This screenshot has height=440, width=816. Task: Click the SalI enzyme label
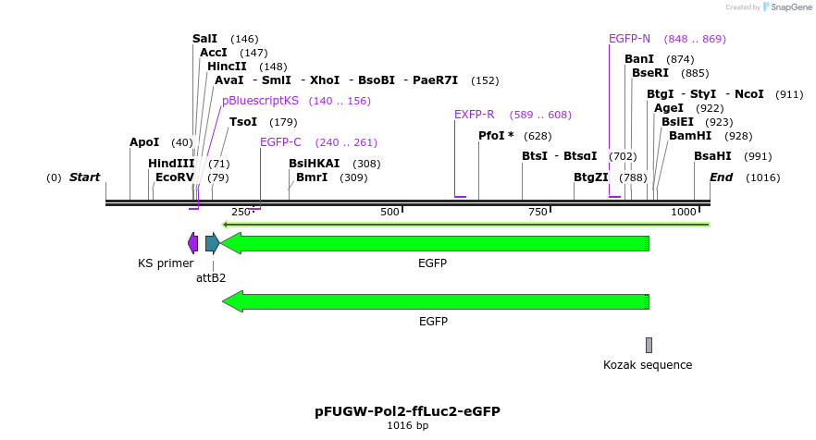[204, 39]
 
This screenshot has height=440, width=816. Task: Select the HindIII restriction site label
[171, 164]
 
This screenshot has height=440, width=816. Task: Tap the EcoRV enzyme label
[175, 177]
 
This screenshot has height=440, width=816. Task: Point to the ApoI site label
[144, 142]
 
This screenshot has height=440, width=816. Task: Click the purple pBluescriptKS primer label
[261, 101]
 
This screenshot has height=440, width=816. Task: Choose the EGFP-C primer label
[280, 142]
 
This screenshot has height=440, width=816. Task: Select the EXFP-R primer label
[474, 115]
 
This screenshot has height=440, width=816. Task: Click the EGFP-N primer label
[629, 39]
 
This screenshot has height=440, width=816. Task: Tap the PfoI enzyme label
[496, 136]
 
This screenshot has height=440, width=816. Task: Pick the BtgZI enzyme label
[591, 177]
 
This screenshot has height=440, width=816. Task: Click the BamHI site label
[690, 136]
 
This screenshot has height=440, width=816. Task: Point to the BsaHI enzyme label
[712, 156]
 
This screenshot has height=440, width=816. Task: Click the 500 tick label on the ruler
[389, 212]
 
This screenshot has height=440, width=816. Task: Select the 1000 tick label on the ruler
[684, 212]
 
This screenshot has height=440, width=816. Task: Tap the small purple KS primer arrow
[192, 243]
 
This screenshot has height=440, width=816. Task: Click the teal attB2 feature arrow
[212, 243]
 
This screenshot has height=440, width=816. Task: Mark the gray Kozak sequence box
[649, 345]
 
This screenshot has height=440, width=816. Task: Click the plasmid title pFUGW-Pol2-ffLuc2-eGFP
[407, 411]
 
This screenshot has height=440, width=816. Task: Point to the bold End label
[722, 177]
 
